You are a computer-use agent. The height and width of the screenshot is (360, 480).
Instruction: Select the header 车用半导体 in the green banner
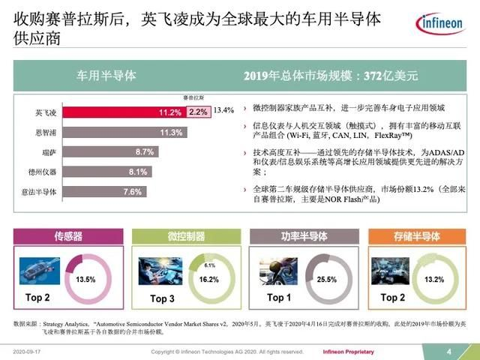click(107, 76)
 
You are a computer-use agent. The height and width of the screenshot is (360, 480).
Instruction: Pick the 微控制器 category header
click(185, 237)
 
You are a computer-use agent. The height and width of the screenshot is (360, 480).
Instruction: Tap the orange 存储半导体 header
click(415, 237)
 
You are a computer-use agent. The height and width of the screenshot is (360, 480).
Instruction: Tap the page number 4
click(448, 351)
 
